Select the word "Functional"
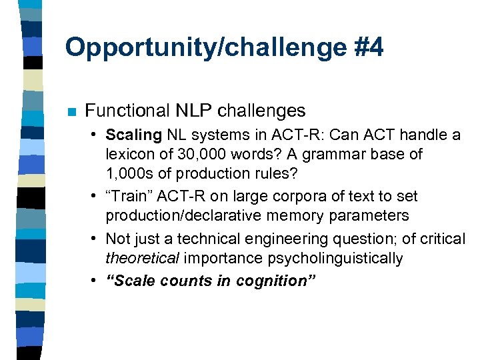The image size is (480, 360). (126, 111)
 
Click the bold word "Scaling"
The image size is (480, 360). (133, 135)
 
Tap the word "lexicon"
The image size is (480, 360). (129, 155)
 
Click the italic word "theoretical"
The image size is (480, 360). (141, 258)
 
